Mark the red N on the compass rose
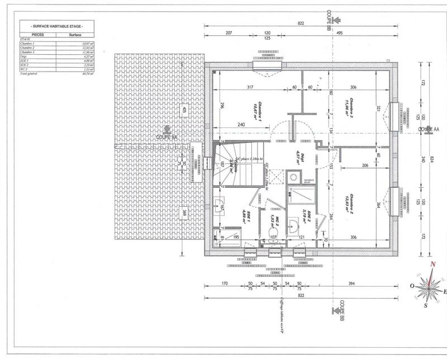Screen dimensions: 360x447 431,266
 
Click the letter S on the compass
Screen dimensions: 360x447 426,305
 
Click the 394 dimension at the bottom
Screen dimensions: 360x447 351,285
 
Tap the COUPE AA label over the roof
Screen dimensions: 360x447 167,136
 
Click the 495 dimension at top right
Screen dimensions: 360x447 354,34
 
